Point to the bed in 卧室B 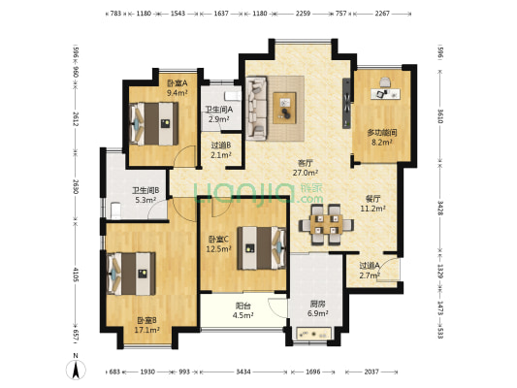click(x=133, y=271)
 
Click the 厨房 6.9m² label click(x=317, y=309)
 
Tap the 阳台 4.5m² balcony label click(x=243, y=309)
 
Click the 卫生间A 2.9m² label click(x=217, y=114)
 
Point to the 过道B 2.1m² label click(x=221, y=150)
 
